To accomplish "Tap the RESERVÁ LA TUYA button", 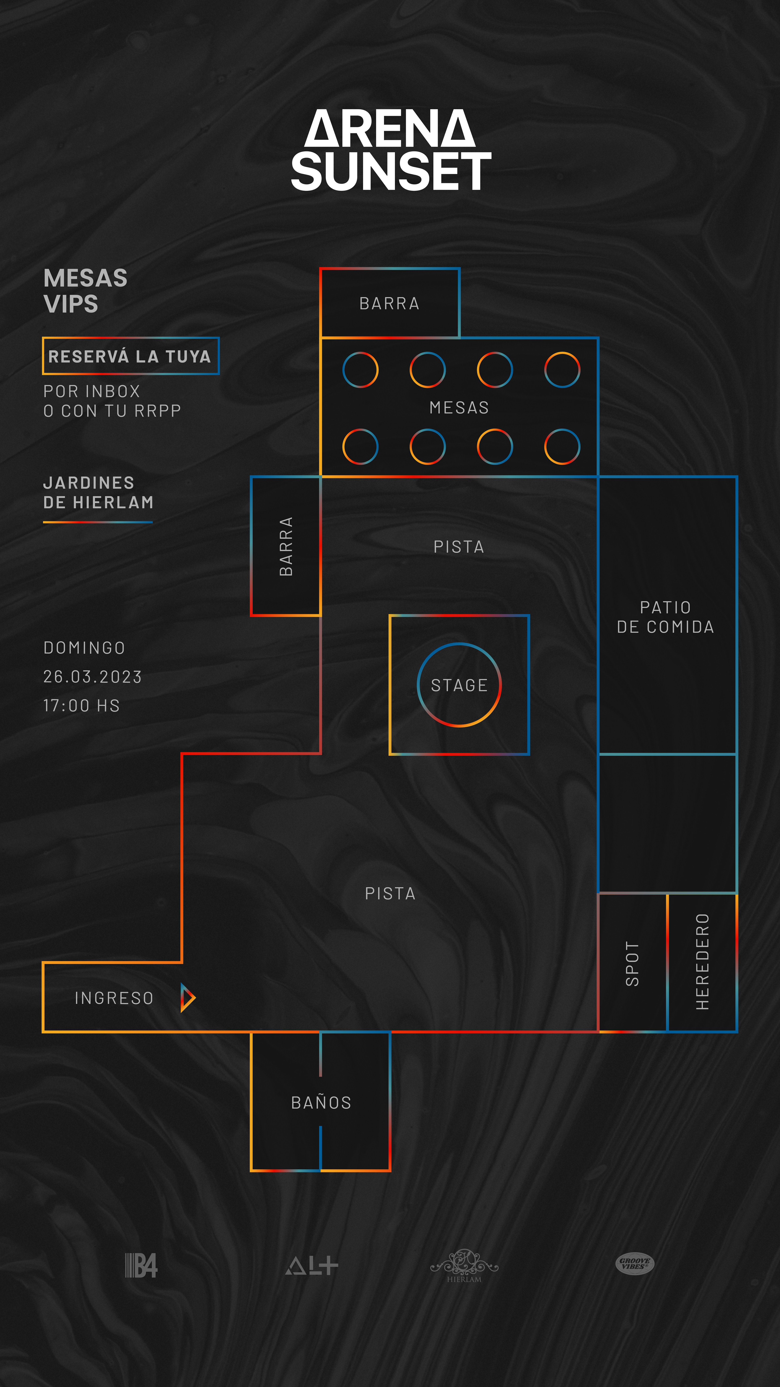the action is tap(130, 356).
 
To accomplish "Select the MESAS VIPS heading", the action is tap(85, 291).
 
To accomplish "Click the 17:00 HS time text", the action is tap(81, 705).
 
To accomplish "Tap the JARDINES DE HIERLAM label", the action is tap(98, 493).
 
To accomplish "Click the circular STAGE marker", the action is tap(459, 685).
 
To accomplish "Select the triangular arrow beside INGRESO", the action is tap(187, 998).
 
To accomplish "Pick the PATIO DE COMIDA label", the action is tap(665, 617).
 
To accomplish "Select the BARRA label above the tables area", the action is tap(389, 304).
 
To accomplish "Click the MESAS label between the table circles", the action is tap(459, 408).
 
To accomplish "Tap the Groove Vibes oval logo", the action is tap(635, 1263).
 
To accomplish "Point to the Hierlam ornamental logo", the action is tap(464, 1265).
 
